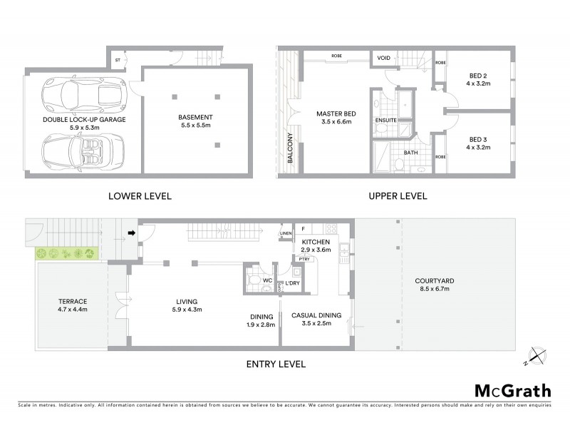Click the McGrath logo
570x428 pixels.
[512, 390]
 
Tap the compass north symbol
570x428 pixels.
[535, 355]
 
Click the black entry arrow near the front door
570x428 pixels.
[132, 233]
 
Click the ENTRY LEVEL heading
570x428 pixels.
[276, 364]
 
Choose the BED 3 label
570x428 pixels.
[479, 140]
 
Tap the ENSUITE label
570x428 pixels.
[385, 121]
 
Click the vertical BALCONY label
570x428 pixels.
[291, 149]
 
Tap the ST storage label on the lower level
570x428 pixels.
[118, 61]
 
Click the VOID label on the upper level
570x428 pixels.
[383, 58]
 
